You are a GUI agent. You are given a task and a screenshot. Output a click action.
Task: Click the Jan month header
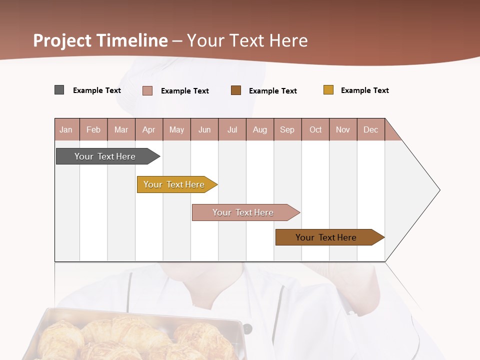click(x=66, y=129)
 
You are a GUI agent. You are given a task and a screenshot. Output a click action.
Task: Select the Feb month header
click(x=93, y=129)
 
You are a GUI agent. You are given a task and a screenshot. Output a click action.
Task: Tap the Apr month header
click(x=149, y=129)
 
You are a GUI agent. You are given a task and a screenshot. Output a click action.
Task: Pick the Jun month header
click(x=204, y=129)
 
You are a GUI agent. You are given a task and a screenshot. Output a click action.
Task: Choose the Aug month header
click(x=260, y=129)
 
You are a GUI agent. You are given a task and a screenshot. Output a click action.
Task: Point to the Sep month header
click(x=287, y=129)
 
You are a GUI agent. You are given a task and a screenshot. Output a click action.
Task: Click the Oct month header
click(x=315, y=129)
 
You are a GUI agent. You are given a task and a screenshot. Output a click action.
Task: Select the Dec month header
click(x=371, y=129)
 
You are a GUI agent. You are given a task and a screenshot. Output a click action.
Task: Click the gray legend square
click(x=59, y=90)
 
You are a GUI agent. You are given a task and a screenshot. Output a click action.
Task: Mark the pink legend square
click(x=147, y=90)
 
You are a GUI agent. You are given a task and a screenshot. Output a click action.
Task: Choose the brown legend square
click(x=236, y=90)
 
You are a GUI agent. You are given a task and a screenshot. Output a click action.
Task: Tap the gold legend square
click(x=328, y=90)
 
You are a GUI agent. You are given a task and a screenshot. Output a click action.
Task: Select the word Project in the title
click(x=62, y=40)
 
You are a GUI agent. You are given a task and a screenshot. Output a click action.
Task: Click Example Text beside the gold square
click(x=364, y=90)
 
